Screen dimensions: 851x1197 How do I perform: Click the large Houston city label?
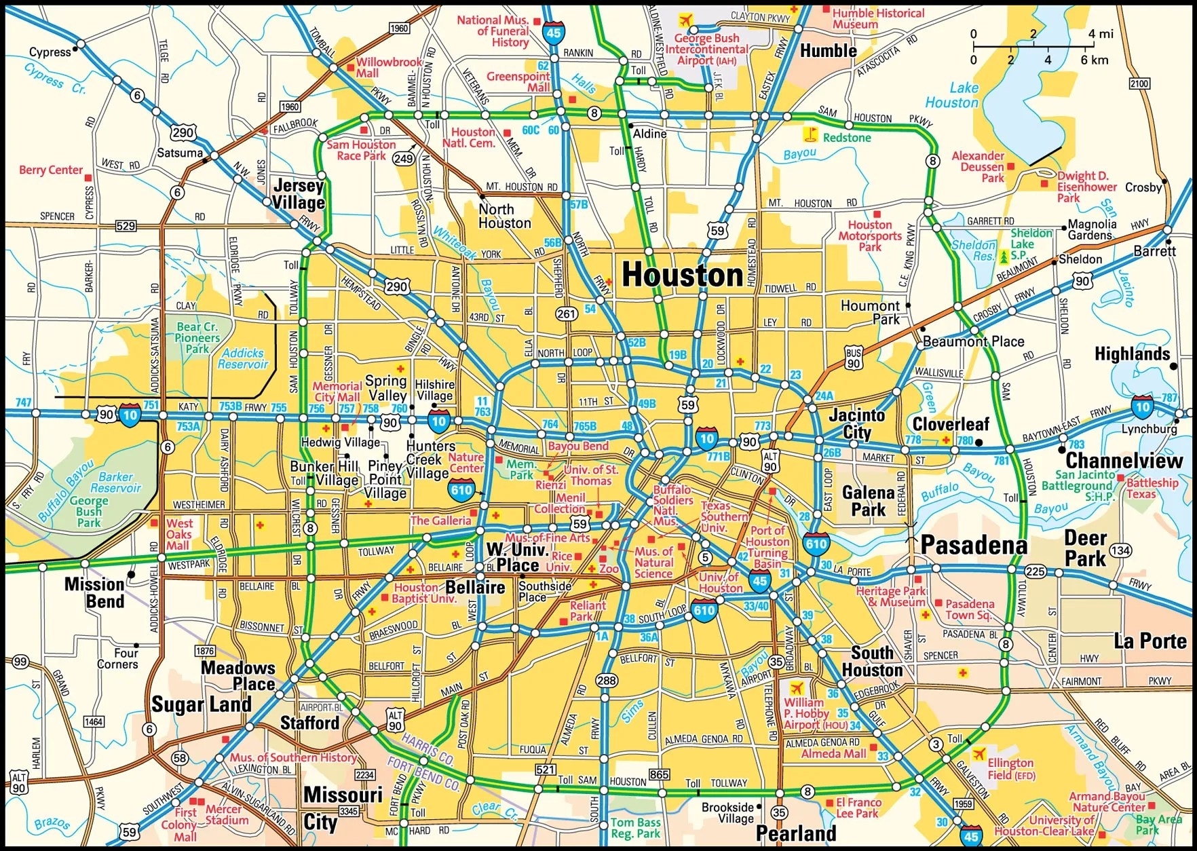coord(683,276)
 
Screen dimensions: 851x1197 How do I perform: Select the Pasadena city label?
coord(974,546)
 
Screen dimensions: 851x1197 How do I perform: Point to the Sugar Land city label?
coord(202,704)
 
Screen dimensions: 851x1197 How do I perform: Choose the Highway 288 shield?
coord(607,681)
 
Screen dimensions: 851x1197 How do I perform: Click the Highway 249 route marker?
coord(404,159)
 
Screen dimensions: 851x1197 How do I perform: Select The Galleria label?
coord(440,521)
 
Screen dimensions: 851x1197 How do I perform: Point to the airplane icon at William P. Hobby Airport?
coord(795,689)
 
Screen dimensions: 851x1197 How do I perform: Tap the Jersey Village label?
coord(299,194)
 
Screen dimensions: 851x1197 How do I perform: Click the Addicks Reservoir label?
coord(243,358)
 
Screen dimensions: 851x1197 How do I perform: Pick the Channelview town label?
coord(1124,461)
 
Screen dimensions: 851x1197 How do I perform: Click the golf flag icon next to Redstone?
coord(810,134)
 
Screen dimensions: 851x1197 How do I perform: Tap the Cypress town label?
coord(50,52)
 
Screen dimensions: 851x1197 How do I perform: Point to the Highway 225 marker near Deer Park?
coord(1035,571)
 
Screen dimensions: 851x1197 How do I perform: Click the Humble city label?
coord(828,51)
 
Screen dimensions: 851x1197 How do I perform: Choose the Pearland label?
coord(795,833)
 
